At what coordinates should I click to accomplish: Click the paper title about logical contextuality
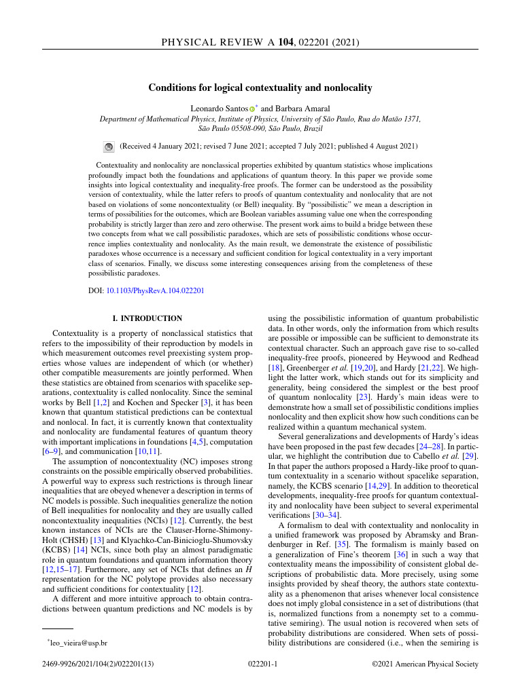tap(260, 88)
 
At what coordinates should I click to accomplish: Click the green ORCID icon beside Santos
tap(251, 109)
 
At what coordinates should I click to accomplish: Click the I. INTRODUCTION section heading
tap(147, 318)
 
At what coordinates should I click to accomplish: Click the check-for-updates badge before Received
tap(108, 146)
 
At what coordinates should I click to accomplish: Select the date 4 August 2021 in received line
tap(393, 146)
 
